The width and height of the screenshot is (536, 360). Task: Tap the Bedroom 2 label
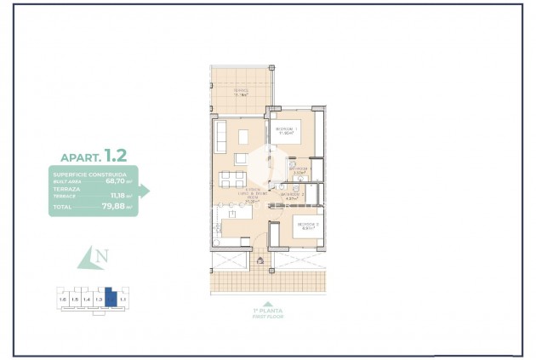click(x=307, y=226)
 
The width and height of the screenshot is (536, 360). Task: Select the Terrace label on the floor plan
click(x=240, y=93)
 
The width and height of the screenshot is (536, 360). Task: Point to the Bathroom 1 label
click(x=299, y=170)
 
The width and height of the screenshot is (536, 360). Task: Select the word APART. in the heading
click(x=80, y=157)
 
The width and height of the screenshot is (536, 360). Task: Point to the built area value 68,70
click(x=116, y=180)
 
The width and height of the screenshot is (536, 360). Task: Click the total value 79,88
click(x=115, y=207)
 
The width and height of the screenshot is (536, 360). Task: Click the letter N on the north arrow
click(x=102, y=256)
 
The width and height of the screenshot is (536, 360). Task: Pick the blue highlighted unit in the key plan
click(x=110, y=299)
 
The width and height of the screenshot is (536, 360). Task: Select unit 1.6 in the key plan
click(x=62, y=300)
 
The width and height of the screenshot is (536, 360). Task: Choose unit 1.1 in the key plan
click(x=123, y=300)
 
